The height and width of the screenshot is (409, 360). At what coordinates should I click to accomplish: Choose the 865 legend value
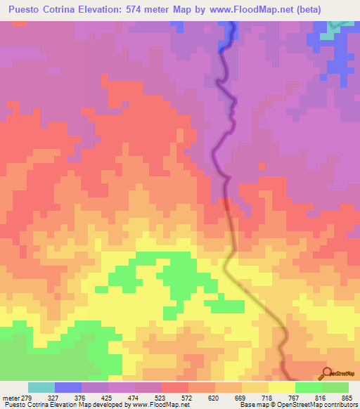(x=346, y=397)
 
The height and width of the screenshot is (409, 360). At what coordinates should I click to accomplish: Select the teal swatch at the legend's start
(x=41, y=387)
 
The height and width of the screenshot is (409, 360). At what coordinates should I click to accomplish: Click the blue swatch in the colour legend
(x=68, y=387)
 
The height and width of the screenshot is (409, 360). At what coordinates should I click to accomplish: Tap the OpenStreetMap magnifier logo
(x=327, y=372)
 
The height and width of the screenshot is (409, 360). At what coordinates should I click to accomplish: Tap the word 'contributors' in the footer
(x=336, y=405)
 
